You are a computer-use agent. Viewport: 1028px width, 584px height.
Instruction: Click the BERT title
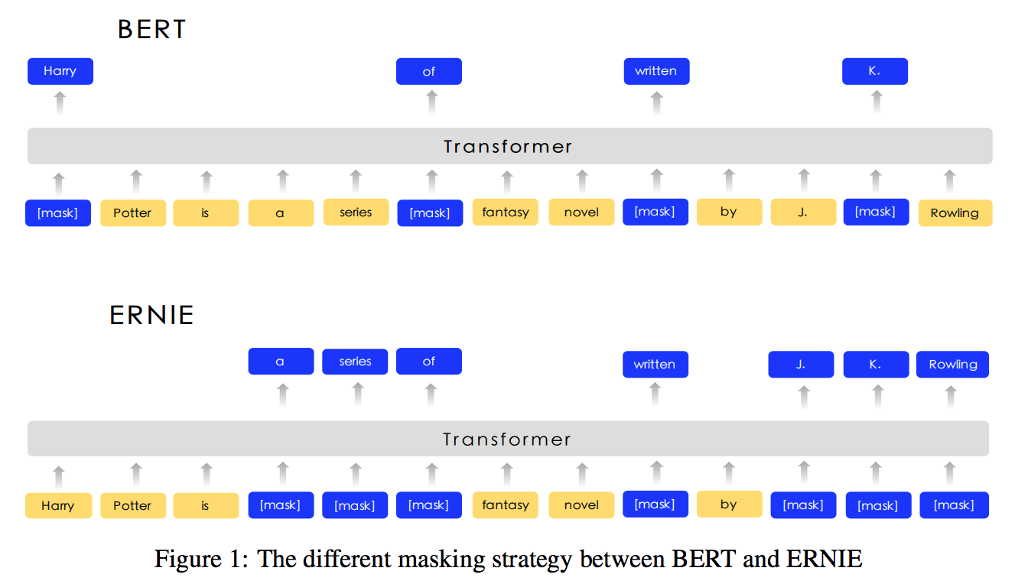151,30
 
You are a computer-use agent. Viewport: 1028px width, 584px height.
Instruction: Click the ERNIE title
151,316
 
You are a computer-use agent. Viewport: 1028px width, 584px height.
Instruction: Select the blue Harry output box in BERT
60,71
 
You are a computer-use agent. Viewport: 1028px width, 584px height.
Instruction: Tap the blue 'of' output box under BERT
428,71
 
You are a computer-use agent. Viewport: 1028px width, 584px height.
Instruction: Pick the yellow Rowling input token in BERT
955,213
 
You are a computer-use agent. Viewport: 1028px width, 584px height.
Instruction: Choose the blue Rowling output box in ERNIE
953,365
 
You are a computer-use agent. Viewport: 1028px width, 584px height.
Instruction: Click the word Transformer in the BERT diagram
508,147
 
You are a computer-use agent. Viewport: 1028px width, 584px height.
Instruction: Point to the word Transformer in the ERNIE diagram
506,440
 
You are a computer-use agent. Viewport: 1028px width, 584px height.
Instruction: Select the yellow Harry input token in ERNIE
58,505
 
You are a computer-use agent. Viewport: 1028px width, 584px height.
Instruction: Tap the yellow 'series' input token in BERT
356,212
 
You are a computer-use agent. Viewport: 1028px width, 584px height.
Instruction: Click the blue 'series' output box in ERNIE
355,362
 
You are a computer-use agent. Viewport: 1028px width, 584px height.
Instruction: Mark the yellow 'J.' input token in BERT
803,212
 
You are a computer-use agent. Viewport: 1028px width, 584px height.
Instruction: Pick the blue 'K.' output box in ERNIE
876,365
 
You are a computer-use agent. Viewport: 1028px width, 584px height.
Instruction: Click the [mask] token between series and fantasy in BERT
430,213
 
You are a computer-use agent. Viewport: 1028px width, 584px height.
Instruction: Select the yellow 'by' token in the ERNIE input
729,505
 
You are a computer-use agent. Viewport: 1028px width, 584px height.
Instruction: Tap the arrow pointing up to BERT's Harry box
60,103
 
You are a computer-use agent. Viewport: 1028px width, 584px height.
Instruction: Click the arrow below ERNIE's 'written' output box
656,394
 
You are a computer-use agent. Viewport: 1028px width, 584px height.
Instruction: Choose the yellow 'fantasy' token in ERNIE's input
506,505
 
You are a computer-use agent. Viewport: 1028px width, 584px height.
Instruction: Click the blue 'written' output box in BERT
656,71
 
